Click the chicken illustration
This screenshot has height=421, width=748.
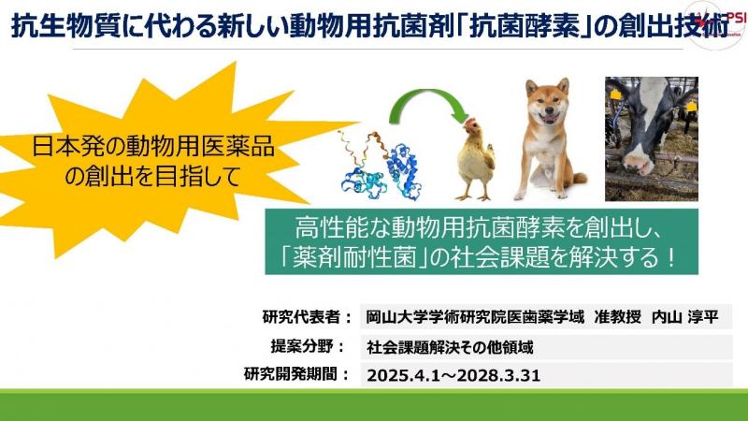pos(475,159)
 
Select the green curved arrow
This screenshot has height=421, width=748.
pos(428,104)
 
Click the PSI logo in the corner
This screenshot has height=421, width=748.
pos(715,25)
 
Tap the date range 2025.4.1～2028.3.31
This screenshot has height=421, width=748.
pos(453,376)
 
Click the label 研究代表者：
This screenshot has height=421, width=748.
pos(308,317)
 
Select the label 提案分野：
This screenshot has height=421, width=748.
pos(308,346)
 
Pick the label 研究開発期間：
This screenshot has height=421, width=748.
pos(297,374)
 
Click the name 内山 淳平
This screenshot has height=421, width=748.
pos(684,317)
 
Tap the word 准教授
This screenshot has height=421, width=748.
pos(617,317)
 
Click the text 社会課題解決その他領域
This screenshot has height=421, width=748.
pos(450,347)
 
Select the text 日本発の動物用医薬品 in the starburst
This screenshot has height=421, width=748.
pos(153,147)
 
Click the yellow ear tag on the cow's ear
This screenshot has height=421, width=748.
pos(615,94)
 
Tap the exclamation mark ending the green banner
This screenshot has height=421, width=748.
pos(669,258)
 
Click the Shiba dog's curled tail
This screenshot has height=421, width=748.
pos(579,178)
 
